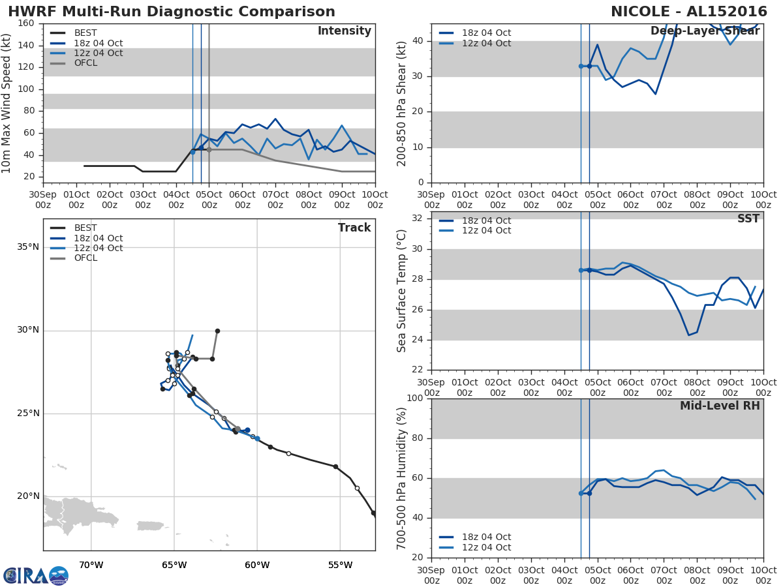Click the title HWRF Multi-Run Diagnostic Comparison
(x=172, y=12)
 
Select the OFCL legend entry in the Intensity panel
(x=85, y=63)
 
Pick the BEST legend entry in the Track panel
(x=85, y=228)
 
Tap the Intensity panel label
(x=344, y=31)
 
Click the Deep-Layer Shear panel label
(x=705, y=31)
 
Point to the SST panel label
(x=748, y=219)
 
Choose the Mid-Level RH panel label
(x=719, y=406)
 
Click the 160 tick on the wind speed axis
(x=26, y=23)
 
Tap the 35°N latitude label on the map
(x=27, y=247)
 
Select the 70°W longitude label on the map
(x=91, y=565)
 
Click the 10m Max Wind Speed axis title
(x=7, y=103)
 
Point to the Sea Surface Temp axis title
(x=402, y=291)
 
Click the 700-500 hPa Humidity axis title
(x=402, y=478)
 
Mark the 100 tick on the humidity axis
(x=414, y=399)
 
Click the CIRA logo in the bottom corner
(x=36, y=575)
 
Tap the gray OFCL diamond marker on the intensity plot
(x=209, y=150)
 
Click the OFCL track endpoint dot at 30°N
(x=217, y=331)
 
